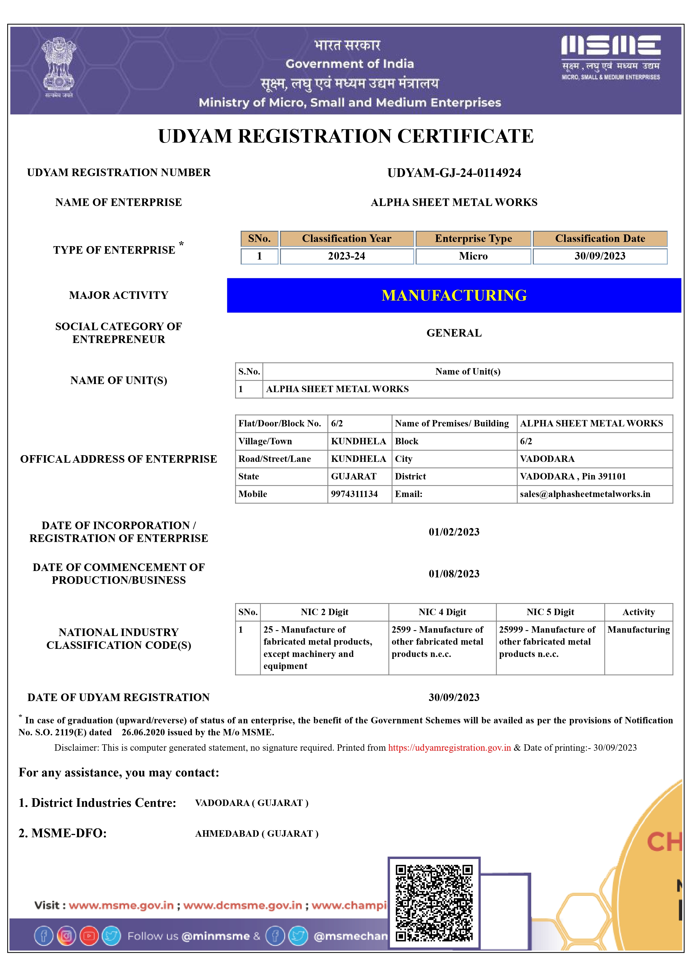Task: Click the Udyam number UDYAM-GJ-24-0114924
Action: pos(454,173)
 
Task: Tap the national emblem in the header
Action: pos(59,67)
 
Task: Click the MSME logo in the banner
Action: pos(610,57)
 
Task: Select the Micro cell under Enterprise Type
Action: pos(473,256)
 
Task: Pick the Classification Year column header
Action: pos(347,239)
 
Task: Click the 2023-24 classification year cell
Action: pos(347,256)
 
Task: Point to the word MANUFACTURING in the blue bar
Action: pos(454,296)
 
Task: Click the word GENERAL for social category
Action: pos(454,333)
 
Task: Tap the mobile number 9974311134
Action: pos(354,494)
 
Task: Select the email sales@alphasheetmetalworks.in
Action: pos(585,494)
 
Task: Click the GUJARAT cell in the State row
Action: pos(354,476)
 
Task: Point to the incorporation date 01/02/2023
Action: pos(454,532)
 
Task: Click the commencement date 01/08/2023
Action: pos(454,574)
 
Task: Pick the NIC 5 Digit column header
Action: pos(550,612)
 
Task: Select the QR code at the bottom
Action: pos(434,903)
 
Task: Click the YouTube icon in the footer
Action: pos(89,936)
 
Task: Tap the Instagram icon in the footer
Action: pos(66,936)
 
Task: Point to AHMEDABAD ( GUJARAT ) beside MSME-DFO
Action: pos(257,834)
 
